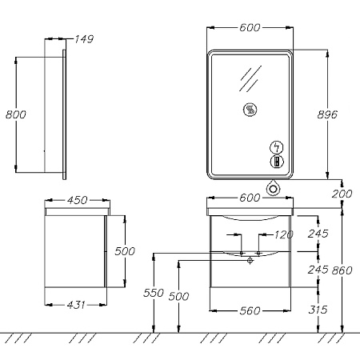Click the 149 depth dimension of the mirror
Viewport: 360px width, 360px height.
(x=84, y=39)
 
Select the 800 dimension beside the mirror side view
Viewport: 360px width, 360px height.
(x=16, y=114)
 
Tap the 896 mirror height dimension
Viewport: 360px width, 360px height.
(x=327, y=114)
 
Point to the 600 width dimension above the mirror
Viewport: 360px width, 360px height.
(x=250, y=27)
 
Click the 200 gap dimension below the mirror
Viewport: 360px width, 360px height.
(x=342, y=194)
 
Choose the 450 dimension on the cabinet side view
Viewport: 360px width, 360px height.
(x=77, y=200)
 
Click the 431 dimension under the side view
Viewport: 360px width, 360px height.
(x=76, y=305)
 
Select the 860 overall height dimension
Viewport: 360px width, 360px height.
(x=342, y=270)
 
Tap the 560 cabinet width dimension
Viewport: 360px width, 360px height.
(x=250, y=310)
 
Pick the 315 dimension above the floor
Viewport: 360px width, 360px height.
(x=318, y=310)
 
